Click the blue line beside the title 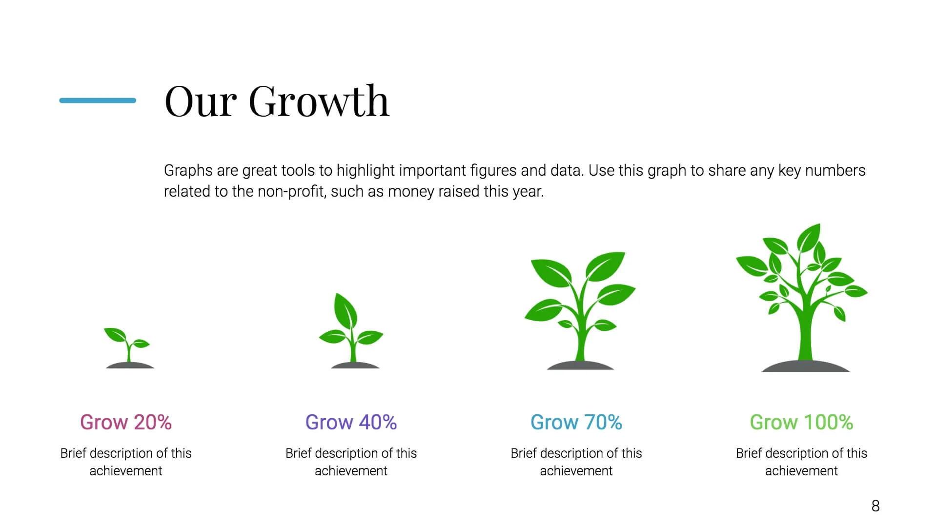pos(98,101)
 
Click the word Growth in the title pos(319,101)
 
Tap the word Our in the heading pos(201,101)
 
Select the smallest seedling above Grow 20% pos(129,347)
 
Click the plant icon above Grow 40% pos(351,331)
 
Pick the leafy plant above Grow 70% pos(580,311)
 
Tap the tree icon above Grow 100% pos(802,298)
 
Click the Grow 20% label pos(126,422)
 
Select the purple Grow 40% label pos(351,422)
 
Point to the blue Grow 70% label pos(576,422)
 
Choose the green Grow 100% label pos(801,422)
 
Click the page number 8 pos(876,506)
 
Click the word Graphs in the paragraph pos(188,171)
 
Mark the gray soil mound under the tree pos(806,366)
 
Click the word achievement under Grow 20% pos(126,471)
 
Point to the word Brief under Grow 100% pos(749,453)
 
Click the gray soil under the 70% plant pos(580,365)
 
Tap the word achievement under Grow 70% pos(576,471)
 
